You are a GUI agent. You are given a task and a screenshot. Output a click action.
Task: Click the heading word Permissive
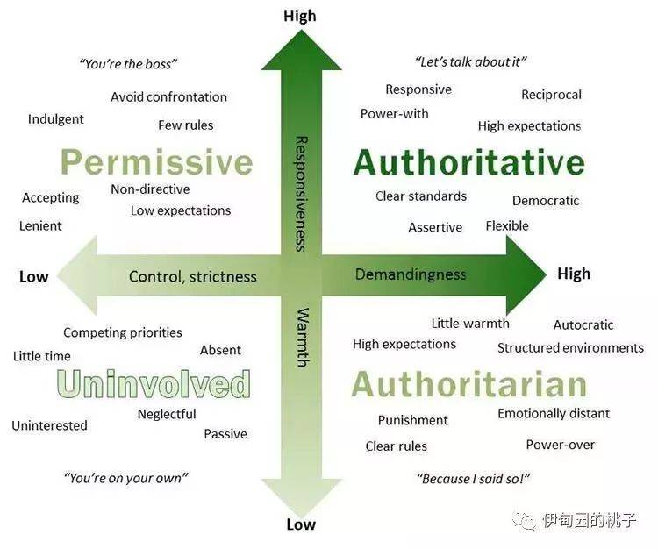(x=157, y=162)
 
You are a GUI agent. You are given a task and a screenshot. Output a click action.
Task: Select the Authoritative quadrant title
(x=469, y=162)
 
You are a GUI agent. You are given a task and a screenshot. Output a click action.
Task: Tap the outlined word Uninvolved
(x=154, y=384)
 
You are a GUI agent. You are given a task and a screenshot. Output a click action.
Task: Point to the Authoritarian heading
(x=469, y=384)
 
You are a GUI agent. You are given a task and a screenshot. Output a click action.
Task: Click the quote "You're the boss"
(x=128, y=64)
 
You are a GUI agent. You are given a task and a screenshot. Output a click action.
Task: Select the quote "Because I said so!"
(x=474, y=479)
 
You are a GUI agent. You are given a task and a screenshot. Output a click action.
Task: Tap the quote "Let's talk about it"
(x=470, y=62)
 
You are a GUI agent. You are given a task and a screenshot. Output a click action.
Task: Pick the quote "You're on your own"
(x=125, y=478)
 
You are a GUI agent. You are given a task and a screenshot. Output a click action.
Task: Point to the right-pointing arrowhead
(x=525, y=274)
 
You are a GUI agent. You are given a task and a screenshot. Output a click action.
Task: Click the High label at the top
(x=300, y=16)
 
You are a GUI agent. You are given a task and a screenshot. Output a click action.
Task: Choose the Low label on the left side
(x=34, y=276)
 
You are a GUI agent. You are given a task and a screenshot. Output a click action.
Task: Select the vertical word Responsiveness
(x=301, y=193)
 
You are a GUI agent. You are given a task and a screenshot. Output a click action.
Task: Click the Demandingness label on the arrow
(x=411, y=274)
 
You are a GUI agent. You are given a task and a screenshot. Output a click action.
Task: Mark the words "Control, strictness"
(x=193, y=276)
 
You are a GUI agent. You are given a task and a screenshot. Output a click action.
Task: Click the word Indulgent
(x=56, y=119)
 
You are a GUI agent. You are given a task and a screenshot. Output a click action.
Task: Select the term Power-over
(x=561, y=444)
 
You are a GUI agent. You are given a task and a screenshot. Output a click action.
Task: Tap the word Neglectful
(x=167, y=414)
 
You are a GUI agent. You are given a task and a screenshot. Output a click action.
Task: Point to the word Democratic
(x=546, y=201)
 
